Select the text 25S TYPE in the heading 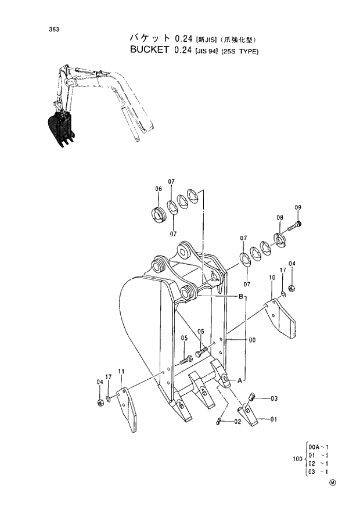[237, 51]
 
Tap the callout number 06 [158, 189]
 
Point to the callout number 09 [298, 207]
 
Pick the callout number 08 [279, 217]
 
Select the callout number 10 [271, 279]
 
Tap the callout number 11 [121, 371]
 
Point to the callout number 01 [273, 419]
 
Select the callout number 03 [273, 398]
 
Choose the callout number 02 [237, 422]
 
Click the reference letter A [239, 381]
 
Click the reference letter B [240, 297]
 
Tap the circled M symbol [333, 482]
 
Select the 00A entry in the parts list [314, 447]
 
